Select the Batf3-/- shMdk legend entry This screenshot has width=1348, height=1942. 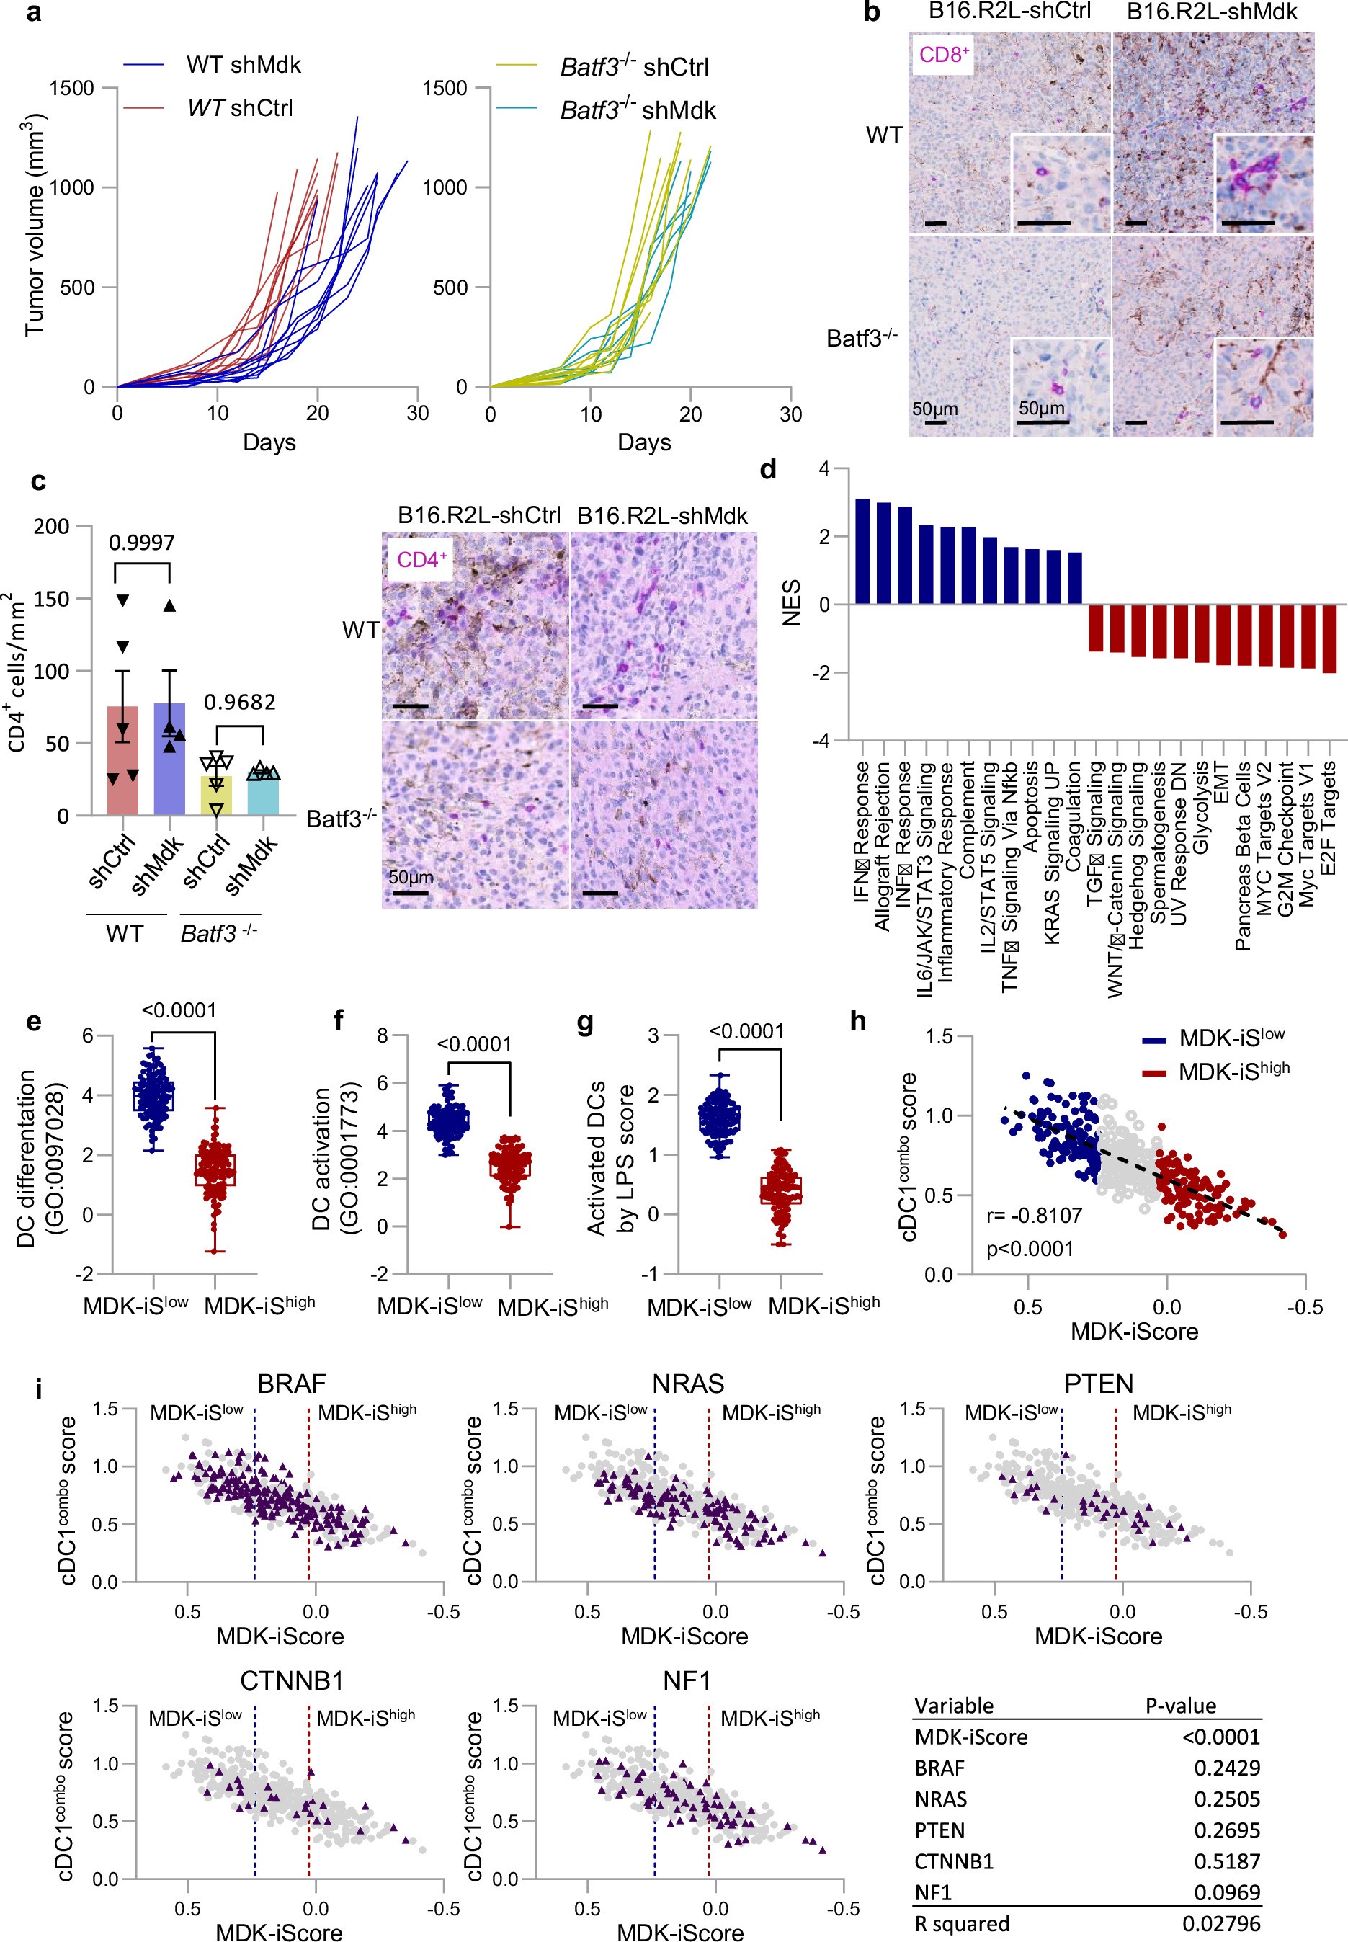pos(637,111)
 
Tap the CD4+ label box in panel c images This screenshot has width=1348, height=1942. pos(421,559)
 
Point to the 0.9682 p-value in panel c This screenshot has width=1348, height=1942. pos(240,702)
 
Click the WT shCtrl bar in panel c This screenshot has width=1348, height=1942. pos(122,760)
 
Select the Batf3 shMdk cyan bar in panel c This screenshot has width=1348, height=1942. pos(264,795)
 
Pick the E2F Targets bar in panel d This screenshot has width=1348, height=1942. pos(1329,638)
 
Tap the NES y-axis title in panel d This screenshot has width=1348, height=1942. pos(791,603)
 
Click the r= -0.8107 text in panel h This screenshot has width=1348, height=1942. pos(1034,1216)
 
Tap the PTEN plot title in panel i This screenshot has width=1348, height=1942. pos(1098,1384)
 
